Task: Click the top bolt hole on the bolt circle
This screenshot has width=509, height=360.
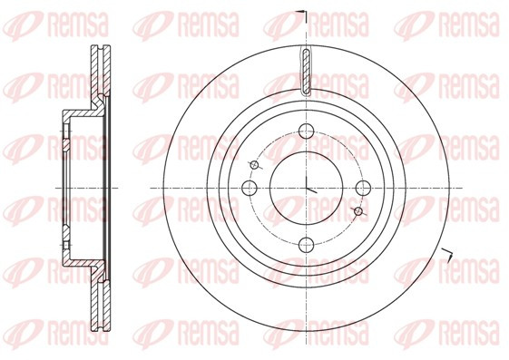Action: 306,131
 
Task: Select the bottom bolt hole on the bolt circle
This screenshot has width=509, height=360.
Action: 306,245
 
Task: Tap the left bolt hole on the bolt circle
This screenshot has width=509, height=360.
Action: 250,188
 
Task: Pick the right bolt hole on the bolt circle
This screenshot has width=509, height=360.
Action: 363,188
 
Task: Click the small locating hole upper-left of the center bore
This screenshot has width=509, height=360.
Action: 255,165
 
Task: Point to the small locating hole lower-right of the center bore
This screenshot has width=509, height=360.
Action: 358,211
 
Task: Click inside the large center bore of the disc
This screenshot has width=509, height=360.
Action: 306,188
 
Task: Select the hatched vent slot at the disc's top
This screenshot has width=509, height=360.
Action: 307,72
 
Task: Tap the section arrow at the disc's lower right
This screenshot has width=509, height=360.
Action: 446,254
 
